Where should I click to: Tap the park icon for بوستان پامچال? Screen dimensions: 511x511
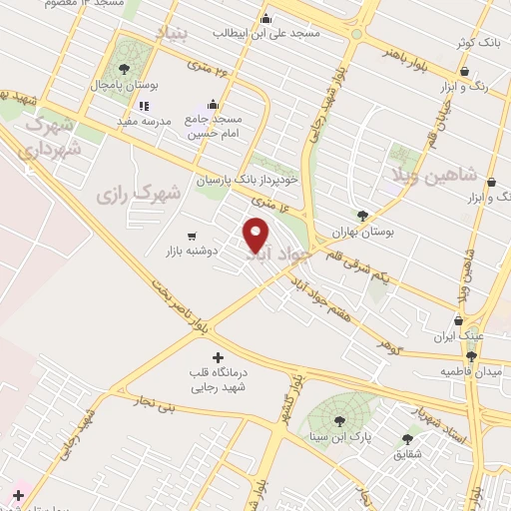124,69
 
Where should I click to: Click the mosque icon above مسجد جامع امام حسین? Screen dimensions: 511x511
213,104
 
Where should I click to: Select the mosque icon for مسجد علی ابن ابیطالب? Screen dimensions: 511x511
264,18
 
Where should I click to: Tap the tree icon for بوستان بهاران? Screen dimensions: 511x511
363,215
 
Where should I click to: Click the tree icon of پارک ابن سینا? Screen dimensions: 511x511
338,420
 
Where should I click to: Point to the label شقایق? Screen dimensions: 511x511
407,452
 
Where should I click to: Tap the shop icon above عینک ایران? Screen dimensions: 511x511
459,321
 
